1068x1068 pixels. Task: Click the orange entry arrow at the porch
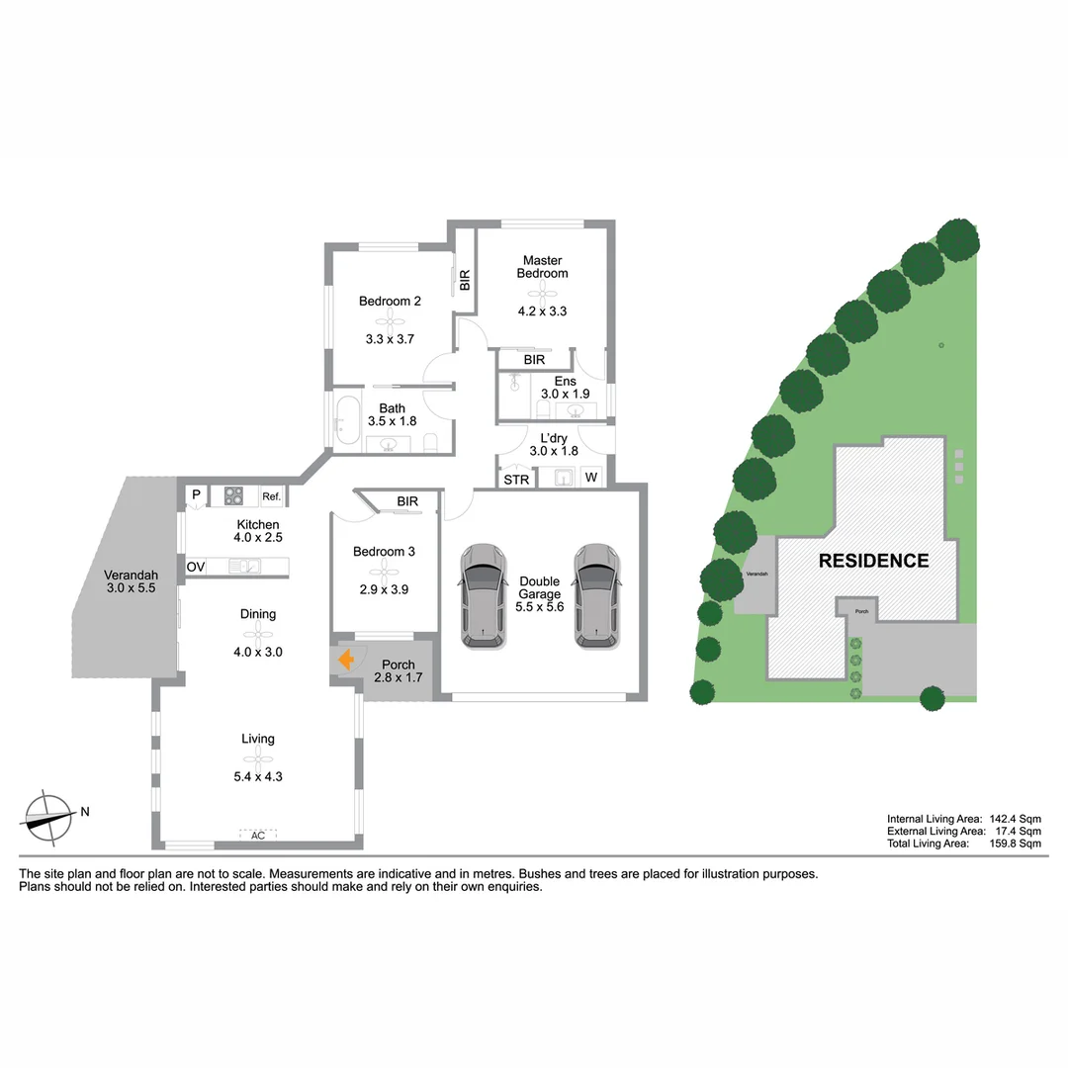click(x=346, y=660)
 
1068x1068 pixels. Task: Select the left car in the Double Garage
click(x=483, y=595)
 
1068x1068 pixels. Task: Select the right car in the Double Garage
click(x=597, y=595)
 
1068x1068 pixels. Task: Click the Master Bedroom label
click(x=542, y=266)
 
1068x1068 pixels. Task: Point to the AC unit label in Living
click(x=258, y=836)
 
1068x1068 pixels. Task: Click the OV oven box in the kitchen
click(x=196, y=567)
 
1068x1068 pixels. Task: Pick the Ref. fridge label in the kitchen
click(x=271, y=496)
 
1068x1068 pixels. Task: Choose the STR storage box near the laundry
click(x=516, y=480)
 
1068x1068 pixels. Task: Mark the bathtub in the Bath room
click(x=347, y=419)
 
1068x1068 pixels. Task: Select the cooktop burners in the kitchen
click(x=234, y=495)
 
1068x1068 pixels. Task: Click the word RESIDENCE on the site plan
click(x=873, y=561)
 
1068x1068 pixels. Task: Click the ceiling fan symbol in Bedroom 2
click(x=390, y=319)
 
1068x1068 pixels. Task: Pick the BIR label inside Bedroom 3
click(x=407, y=501)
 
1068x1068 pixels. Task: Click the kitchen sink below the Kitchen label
click(x=243, y=567)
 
